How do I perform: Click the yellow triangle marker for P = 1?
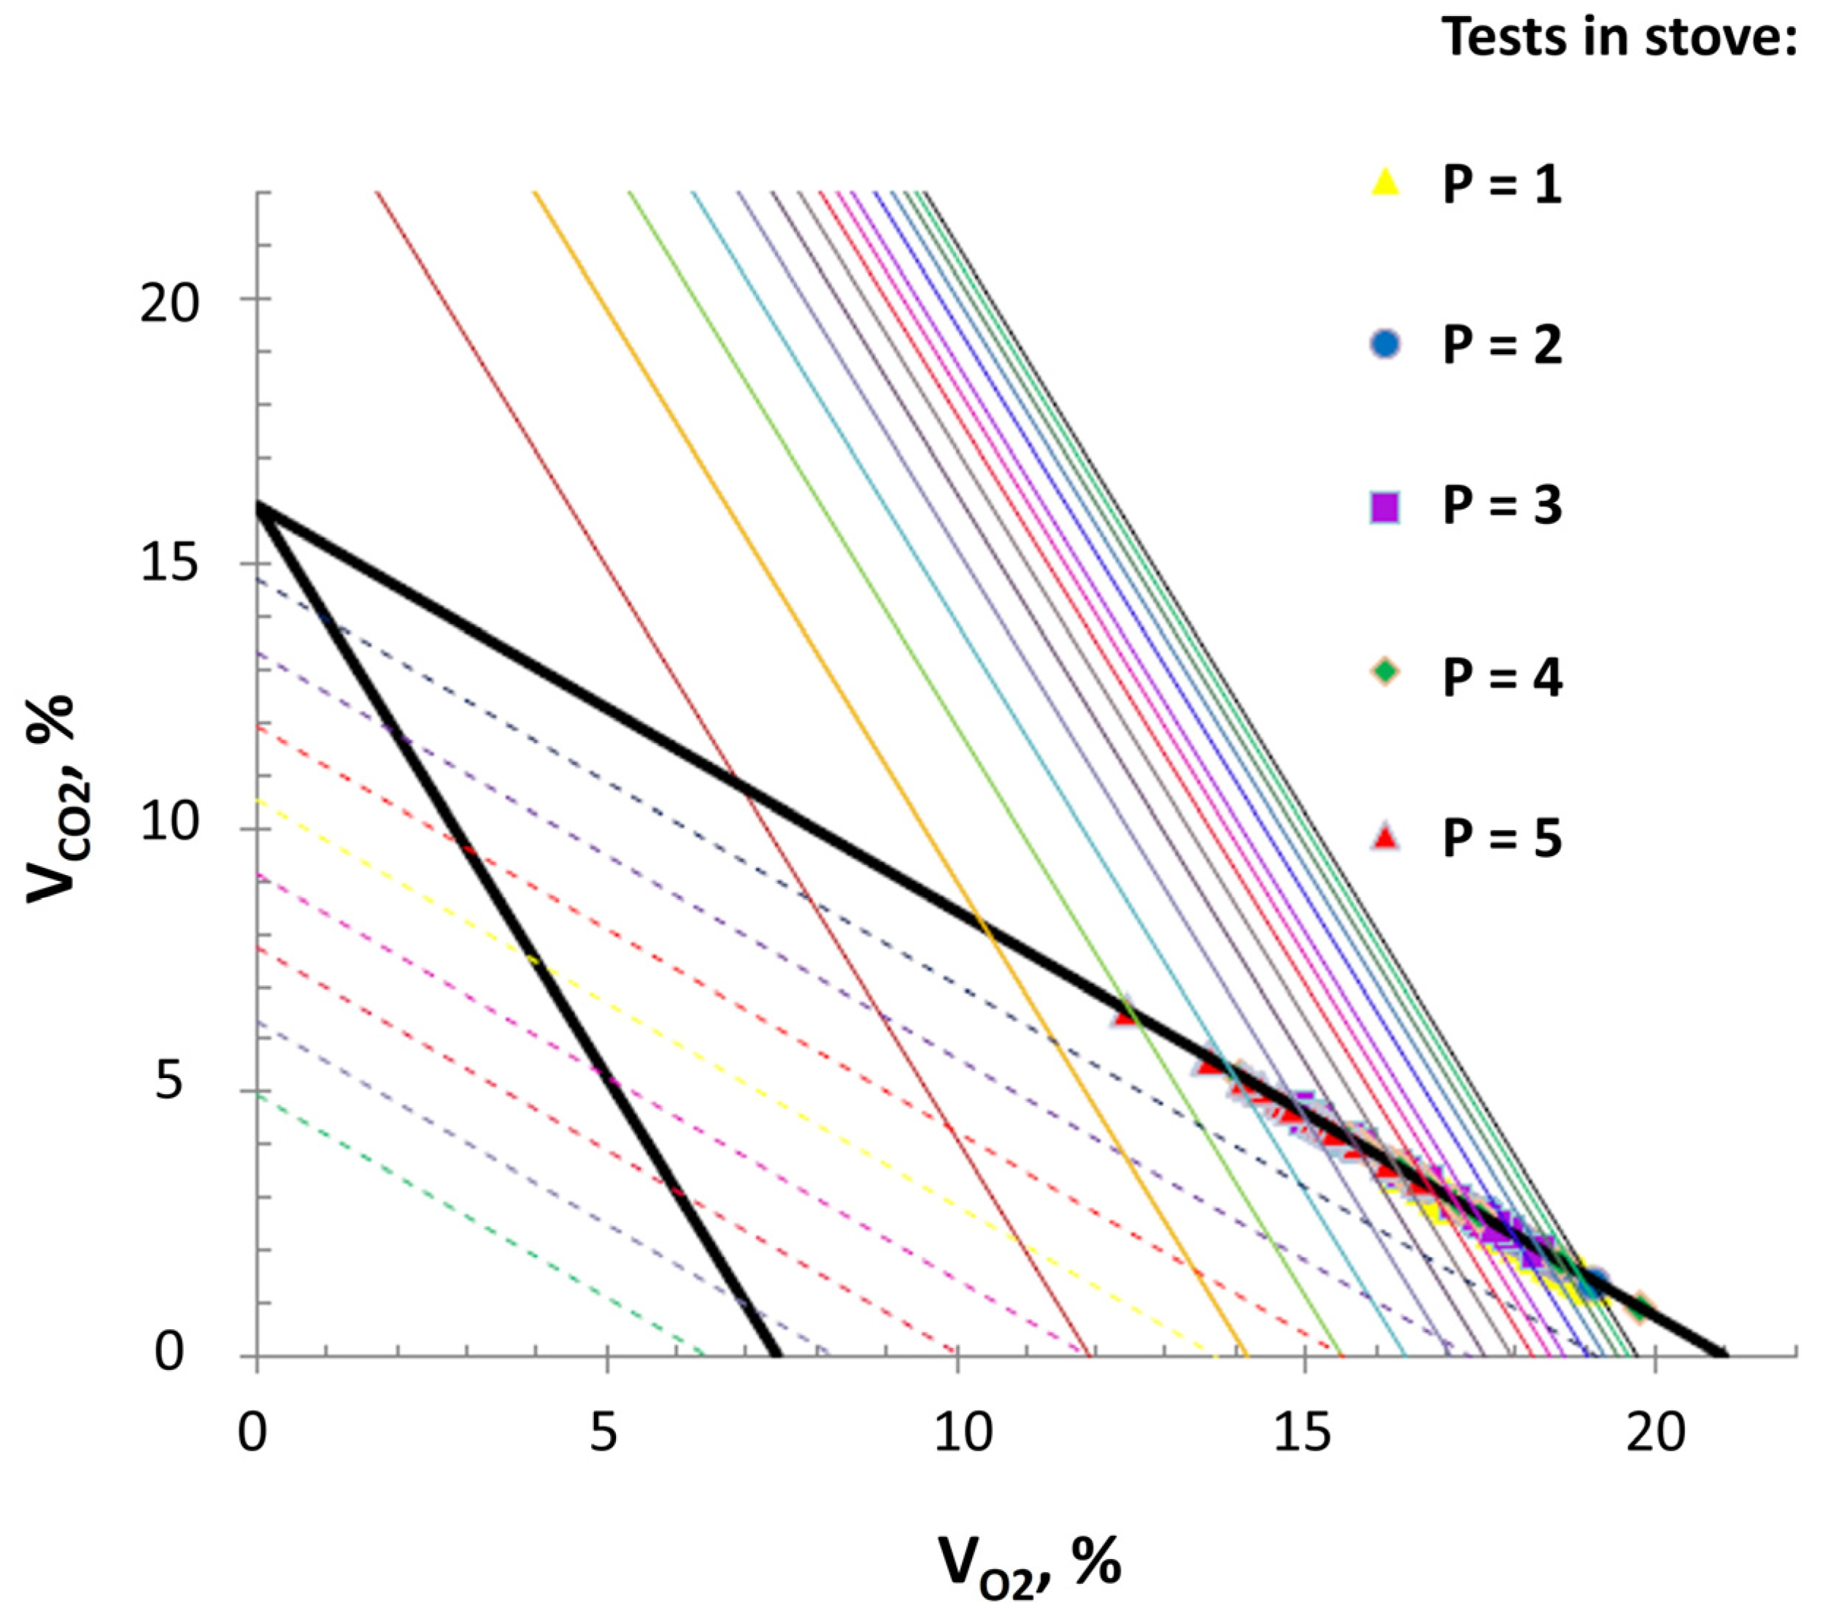point(1385,182)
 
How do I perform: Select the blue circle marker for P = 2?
point(1385,344)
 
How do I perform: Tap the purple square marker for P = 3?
point(1385,508)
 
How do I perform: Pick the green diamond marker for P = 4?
point(1385,671)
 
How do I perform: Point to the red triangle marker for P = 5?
point(1385,837)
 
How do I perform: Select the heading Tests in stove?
point(1619,38)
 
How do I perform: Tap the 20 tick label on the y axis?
point(169,303)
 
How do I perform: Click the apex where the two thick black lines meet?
point(260,508)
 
